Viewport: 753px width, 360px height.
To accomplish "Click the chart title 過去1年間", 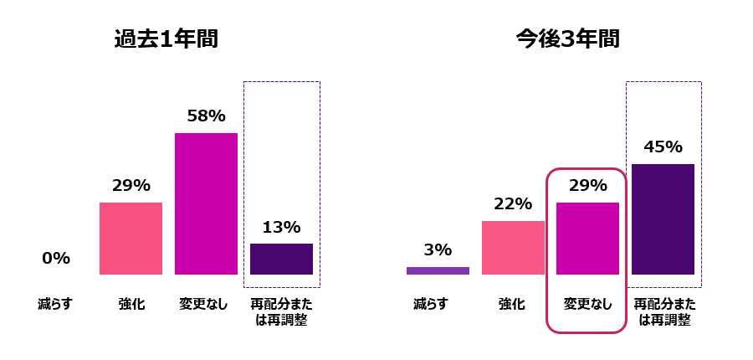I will tap(166, 39).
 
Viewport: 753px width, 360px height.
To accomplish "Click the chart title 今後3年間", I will tap(567, 39).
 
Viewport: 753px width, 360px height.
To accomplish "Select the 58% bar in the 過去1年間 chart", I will tap(206, 203).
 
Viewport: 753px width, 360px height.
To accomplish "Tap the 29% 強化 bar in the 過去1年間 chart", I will tap(131, 239).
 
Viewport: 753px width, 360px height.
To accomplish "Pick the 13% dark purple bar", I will tap(281, 259).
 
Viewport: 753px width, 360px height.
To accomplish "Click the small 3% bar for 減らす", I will tap(438, 270).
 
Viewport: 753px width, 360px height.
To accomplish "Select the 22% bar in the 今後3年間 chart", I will tap(513, 248).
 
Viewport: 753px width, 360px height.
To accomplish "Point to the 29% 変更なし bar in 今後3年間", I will tap(587, 239).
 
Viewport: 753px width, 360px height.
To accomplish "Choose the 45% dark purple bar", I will tap(663, 219).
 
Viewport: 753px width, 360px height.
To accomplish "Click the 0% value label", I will tap(56, 259).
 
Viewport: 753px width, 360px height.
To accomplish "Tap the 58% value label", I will tap(206, 116).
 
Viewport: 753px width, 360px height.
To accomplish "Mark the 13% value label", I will tap(281, 227).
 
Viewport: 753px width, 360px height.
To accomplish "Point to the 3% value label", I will tap(438, 249).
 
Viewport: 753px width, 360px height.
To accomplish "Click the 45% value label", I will tap(663, 147).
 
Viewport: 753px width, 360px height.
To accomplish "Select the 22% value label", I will tap(513, 204).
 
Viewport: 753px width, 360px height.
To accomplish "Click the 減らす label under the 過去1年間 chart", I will tap(55, 304).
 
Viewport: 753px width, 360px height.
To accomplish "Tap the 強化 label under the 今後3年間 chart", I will tap(513, 304).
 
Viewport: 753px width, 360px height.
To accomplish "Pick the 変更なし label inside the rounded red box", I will tap(587, 304).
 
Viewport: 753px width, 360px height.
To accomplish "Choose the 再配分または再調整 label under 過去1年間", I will tap(281, 311).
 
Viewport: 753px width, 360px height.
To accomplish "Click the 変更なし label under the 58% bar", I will tap(206, 304).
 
